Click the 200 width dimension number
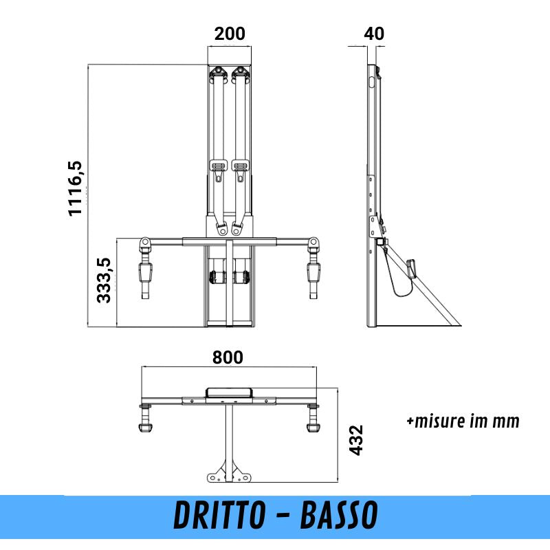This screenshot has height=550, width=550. (230, 34)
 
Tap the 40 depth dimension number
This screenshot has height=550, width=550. (374, 34)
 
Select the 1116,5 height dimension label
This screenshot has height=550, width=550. (75, 188)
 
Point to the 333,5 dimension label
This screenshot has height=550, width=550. (104, 280)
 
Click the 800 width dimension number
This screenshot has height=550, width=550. (228, 357)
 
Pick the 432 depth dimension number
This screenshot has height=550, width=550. (356, 440)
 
